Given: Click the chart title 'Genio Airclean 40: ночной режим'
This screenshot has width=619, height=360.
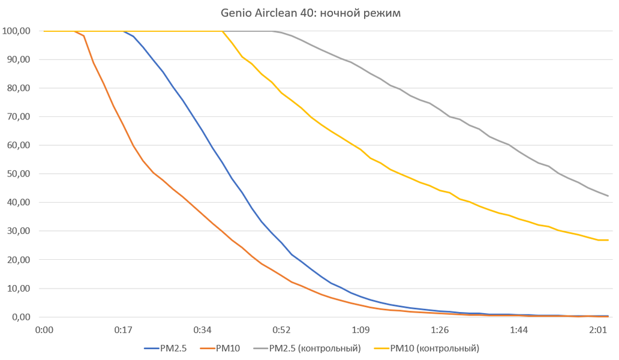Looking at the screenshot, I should [309, 13].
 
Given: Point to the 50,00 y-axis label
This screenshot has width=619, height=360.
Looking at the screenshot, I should [19, 174].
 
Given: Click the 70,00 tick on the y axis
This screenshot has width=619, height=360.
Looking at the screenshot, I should [19, 117].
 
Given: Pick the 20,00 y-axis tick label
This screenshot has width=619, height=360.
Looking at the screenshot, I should [19, 260].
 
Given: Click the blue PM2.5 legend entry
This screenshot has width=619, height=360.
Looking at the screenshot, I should [166, 348].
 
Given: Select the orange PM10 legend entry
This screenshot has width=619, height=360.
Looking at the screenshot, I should [224, 348].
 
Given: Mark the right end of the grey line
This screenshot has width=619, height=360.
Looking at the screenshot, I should [608, 196].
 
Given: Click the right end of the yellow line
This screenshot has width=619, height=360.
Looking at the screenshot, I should [608, 240].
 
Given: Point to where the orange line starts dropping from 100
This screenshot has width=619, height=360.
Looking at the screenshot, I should [76, 31].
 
